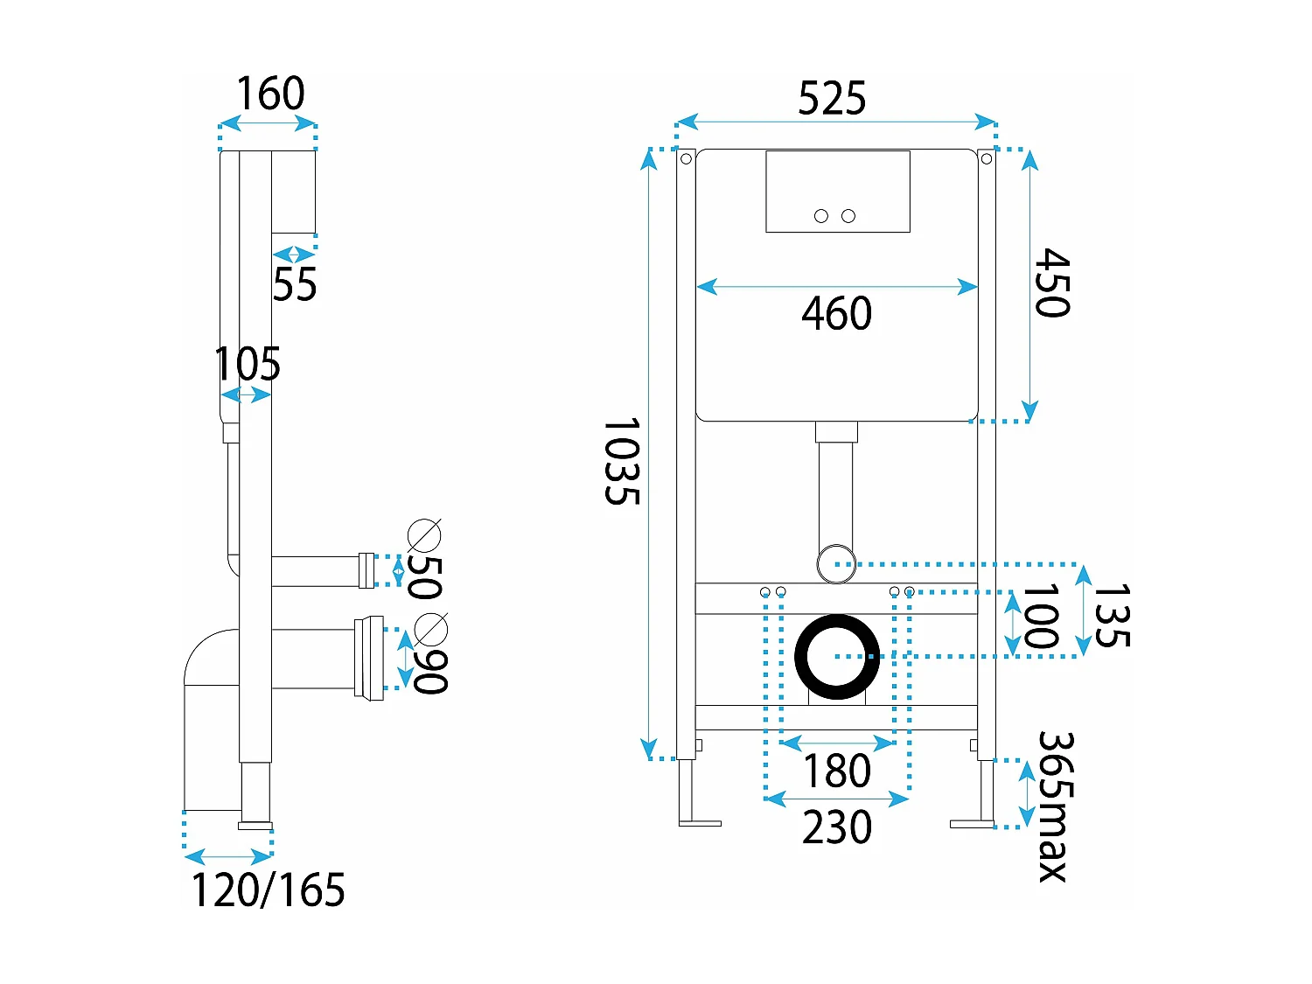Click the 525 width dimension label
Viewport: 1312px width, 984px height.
[x=832, y=98]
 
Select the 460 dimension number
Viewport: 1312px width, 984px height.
[x=837, y=313]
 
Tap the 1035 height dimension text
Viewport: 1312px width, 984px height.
[x=622, y=461]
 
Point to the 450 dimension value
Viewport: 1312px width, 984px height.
[x=1051, y=283]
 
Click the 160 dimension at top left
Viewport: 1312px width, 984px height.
[x=270, y=93]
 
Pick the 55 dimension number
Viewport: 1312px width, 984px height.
[x=295, y=284]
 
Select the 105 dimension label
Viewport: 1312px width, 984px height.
[x=248, y=364]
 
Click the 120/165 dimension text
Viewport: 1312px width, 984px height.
[x=268, y=890]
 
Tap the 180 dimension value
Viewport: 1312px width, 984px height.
[x=837, y=771]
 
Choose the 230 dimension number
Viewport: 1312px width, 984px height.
[x=837, y=827]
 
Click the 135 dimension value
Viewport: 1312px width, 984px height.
[x=1112, y=616]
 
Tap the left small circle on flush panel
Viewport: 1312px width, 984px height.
[x=821, y=216]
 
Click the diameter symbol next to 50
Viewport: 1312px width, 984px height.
[x=425, y=534]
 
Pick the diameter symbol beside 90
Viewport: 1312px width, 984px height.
[x=431, y=629]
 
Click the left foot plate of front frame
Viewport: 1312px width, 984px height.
[x=700, y=823]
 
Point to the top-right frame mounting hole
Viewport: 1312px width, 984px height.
[x=987, y=158]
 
